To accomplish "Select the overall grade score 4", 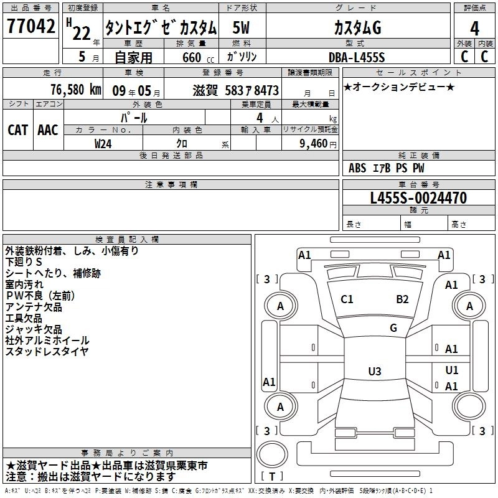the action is (474, 28).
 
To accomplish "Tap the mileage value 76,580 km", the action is (75, 89).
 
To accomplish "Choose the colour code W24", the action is (103, 143).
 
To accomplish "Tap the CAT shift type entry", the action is (17, 129).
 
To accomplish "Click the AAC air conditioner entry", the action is (48, 129).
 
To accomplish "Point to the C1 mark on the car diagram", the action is (347, 299).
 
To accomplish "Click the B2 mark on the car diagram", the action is (402, 299).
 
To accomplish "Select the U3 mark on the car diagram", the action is (374, 372).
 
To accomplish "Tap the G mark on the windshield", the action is (393, 328).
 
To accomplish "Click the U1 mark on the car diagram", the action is (451, 370).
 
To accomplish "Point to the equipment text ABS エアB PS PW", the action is (387, 168).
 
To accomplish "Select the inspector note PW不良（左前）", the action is (42, 296).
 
